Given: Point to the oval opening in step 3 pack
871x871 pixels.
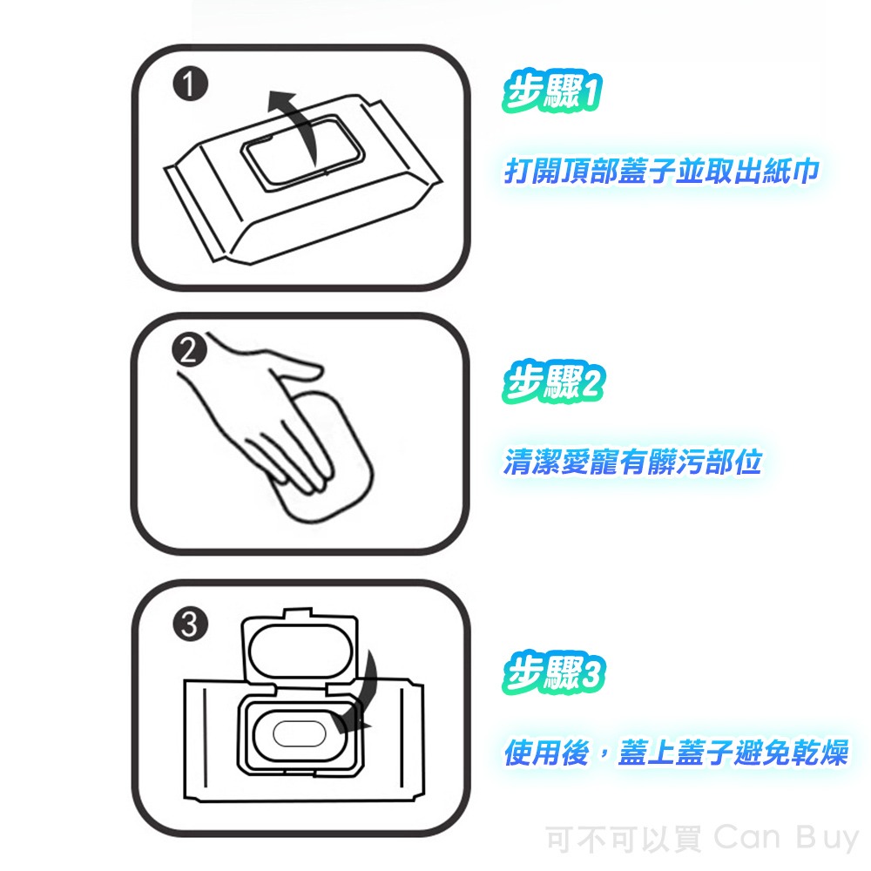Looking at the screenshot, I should coord(296,733).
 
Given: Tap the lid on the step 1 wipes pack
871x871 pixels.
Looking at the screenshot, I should coord(300,152).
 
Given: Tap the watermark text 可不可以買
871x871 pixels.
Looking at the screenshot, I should coord(622,838).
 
